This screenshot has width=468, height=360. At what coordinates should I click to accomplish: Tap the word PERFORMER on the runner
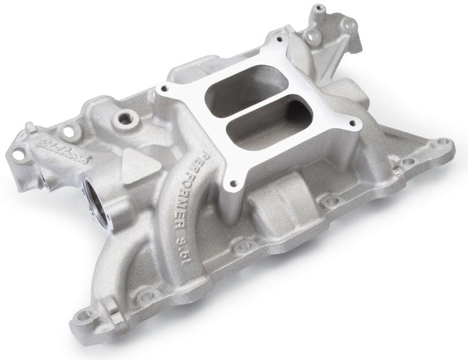click(x=190, y=181)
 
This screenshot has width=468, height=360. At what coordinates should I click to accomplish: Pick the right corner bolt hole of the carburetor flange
click(x=353, y=123)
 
